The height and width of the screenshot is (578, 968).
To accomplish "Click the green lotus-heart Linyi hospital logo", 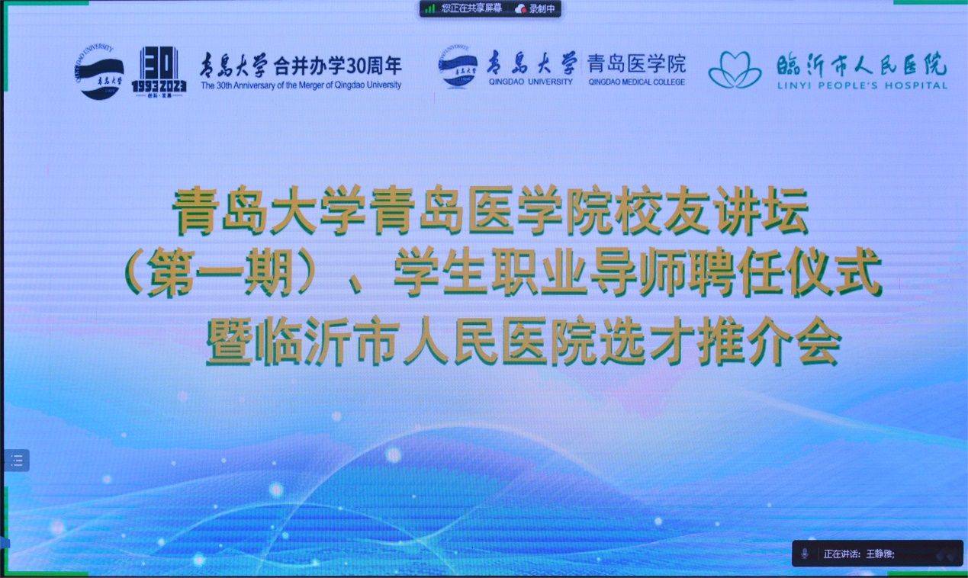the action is point(735,69).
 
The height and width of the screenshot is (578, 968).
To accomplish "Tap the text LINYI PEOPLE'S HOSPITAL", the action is point(862,85).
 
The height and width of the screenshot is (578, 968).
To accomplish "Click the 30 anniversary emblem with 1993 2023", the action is point(159,72).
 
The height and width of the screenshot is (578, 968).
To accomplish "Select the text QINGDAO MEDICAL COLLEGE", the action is point(636,82).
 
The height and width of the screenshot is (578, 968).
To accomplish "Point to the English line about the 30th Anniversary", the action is point(301,85).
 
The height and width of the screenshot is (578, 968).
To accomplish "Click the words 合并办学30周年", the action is point(337,66).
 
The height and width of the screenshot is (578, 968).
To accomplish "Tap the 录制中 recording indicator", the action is point(535,8).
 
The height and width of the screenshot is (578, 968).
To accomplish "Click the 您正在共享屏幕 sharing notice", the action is point(471,8).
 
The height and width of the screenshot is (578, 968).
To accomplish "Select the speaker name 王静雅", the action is point(880,554).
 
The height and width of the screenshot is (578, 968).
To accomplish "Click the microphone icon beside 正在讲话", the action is point(805,554).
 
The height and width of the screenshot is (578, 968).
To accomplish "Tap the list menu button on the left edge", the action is point(17,460).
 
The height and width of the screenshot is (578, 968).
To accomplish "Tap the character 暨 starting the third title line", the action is point(229,342).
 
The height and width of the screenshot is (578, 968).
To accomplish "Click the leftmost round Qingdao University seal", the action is point(99,72).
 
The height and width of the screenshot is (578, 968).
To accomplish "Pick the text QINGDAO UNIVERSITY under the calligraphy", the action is point(531,82).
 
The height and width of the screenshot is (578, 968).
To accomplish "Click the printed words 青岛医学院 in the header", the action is point(636,64).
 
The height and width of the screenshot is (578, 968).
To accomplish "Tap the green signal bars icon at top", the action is point(430,8).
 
